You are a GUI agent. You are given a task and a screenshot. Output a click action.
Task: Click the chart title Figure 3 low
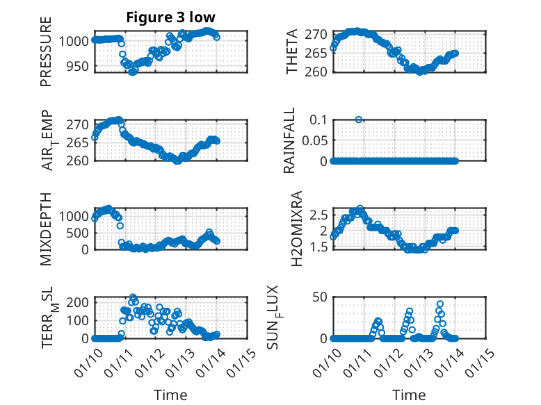pyautogui.click(x=171, y=17)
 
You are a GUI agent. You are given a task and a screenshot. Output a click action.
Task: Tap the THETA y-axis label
pyautogui.click(x=292, y=52)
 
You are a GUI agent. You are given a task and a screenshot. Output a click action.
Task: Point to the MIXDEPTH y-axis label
pyautogui.click(x=47, y=228)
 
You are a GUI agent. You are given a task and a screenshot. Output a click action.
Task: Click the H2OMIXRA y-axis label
pyautogui.click(x=297, y=228)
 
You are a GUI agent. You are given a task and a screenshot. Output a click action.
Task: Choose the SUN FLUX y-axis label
pyautogui.click(x=291, y=317)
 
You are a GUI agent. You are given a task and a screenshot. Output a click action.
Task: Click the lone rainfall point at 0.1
pyautogui.click(x=359, y=119)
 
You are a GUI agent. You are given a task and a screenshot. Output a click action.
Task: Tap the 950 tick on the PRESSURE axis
pyautogui.click(x=78, y=66)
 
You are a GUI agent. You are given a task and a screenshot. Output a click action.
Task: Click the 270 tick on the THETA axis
pyautogui.click(x=316, y=34)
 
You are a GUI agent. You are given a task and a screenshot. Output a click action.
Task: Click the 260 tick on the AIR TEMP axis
pyautogui.click(x=78, y=160)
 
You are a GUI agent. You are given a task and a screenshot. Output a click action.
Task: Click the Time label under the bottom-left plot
pyautogui.click(x=170, y=395)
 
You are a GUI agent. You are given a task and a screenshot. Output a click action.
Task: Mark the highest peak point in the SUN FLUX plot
pyautogui.click(x=440, y=304)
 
